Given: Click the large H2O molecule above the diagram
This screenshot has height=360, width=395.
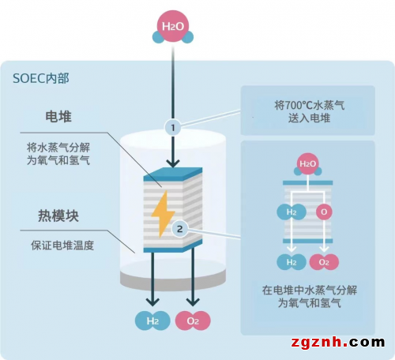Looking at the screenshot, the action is pos(173,27).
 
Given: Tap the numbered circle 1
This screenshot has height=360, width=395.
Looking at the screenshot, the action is pos(173,128).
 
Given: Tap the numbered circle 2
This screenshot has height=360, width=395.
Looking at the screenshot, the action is pos(179,229).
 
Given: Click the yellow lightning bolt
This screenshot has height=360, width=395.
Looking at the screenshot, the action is pos(163,214).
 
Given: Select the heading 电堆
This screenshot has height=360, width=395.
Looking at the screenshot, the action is pos(58,116).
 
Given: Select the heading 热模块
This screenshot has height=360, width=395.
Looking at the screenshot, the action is pos(58,216).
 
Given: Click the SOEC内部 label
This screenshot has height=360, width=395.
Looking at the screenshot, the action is pos(41,78).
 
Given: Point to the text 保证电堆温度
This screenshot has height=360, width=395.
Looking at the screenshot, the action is pos(62,246).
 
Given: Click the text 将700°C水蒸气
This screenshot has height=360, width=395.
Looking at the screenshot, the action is pos(309,105).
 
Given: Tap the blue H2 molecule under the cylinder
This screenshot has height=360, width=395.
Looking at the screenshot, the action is pos(152,321).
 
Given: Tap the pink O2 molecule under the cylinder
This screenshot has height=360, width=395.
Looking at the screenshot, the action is pos(193,321).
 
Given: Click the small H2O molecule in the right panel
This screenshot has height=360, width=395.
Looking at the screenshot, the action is pos(307,164).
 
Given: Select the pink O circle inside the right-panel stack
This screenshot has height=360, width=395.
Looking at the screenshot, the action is pos(324,212).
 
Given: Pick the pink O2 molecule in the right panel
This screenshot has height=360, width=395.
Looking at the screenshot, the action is pos(324,262).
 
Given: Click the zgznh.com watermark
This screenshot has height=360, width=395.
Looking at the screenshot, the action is pos(338,342).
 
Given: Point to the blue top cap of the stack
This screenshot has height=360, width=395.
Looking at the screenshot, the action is pos(173,174).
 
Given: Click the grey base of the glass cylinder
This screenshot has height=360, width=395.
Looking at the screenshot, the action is pos(173,280).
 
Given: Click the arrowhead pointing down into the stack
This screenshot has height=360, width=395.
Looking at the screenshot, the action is pos(173,163).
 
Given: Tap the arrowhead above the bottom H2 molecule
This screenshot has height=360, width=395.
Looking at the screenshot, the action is pos(152,302).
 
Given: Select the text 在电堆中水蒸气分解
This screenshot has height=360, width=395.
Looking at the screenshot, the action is pos(310,290).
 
